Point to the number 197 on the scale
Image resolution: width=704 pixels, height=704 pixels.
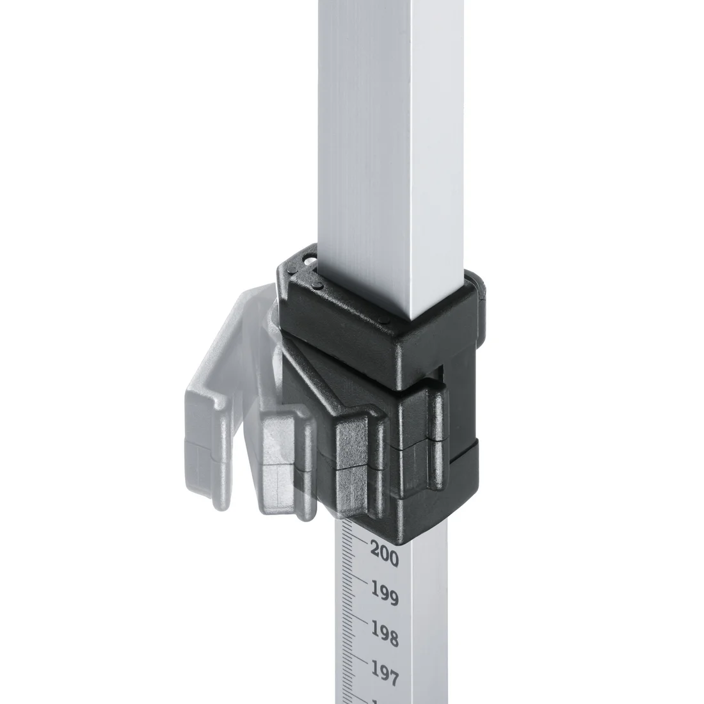385,673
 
